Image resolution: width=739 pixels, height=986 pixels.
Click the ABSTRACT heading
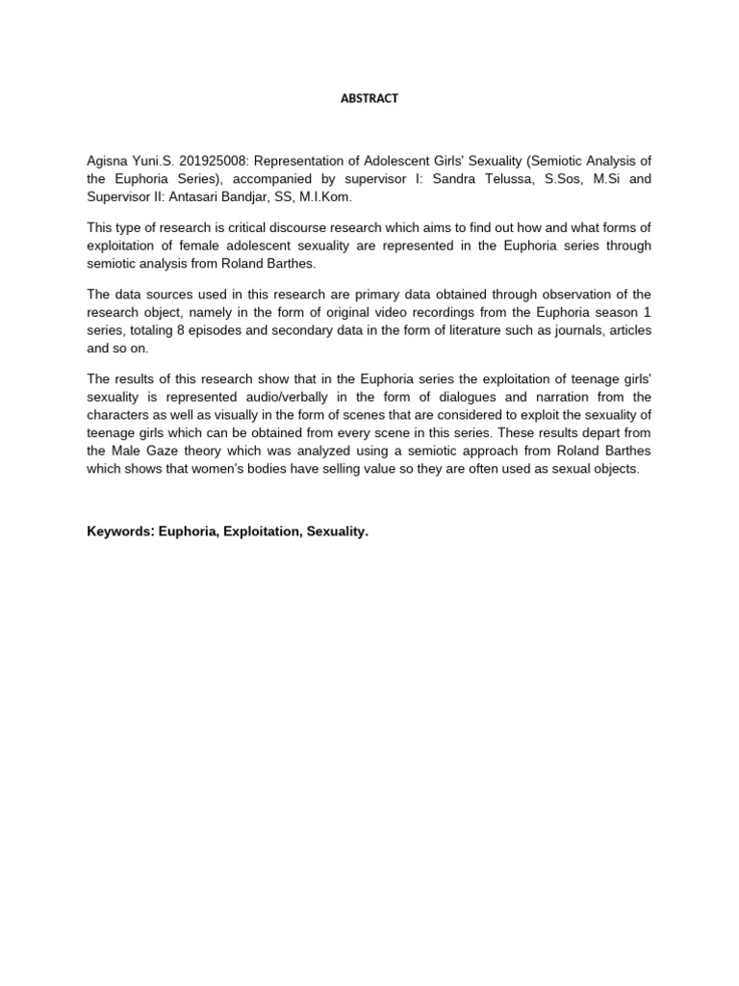tap(369, 98)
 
